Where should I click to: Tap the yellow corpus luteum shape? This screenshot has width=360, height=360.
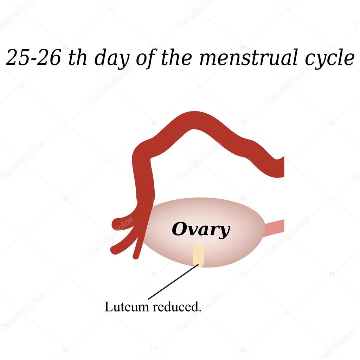click(198, 255)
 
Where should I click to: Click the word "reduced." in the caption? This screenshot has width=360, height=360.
click(177, 307)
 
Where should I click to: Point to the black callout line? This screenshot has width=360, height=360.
click(173, 282)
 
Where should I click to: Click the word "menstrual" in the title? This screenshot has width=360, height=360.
click(249, 57)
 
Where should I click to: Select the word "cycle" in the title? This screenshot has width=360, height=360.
click(329, 59)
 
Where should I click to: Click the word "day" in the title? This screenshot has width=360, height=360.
click(112, 59)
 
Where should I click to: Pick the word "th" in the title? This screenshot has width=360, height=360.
click(78, 57)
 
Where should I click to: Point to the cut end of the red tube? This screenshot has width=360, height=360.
click(283, 167)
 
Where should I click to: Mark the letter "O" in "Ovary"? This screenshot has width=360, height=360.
click(179, 229)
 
